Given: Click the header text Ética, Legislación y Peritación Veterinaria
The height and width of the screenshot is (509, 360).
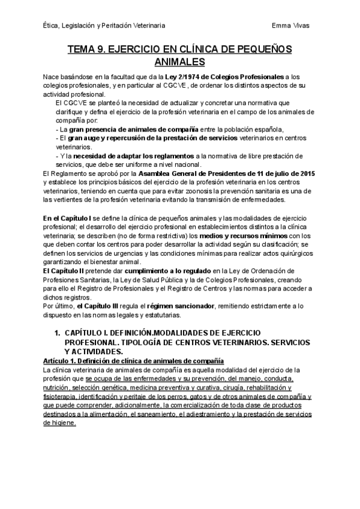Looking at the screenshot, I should (x=105, y=25).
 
